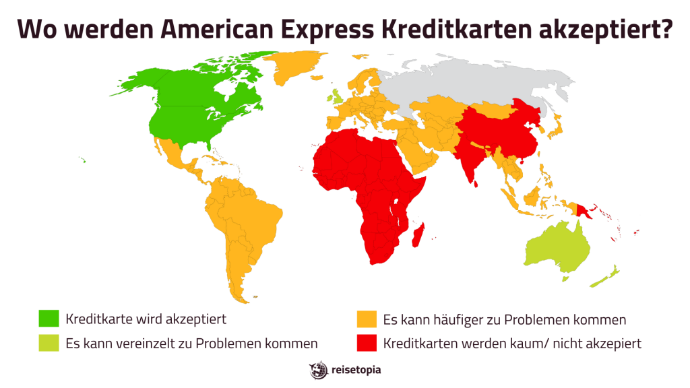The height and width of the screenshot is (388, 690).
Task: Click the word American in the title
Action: (227, 29)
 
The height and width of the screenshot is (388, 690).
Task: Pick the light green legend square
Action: (49, 343)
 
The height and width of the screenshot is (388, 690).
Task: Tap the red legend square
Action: (366, 343)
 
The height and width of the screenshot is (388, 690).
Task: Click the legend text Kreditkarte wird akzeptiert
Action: (146, 319)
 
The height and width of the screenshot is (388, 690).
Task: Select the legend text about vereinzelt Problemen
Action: (191, 343)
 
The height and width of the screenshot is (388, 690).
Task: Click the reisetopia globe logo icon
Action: (317, 370)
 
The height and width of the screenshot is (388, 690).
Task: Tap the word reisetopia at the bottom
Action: (355, 370)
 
